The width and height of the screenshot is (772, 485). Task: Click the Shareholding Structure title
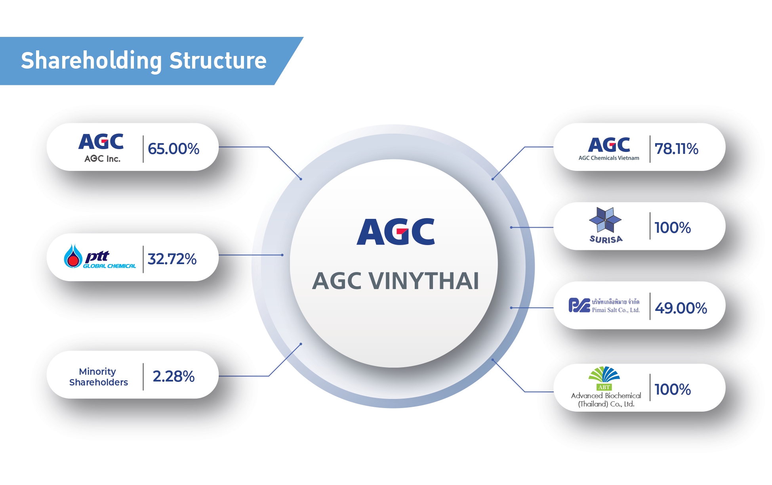coord(143,60)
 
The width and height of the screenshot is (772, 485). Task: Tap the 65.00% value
coord(173,149)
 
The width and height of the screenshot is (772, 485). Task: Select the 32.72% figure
coord(172,259)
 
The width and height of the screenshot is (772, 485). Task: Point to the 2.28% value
coord(173,376)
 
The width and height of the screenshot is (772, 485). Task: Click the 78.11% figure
coord(676,149)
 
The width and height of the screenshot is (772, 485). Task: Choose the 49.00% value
coord(681,308)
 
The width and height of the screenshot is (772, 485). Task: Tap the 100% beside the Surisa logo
coord(672,228)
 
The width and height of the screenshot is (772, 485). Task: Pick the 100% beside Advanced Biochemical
coord(672,389)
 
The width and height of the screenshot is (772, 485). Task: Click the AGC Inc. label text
coord(102,159)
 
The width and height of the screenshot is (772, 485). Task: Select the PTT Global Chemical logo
coord(100,257)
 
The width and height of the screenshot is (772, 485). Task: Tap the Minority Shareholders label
coord(98,377)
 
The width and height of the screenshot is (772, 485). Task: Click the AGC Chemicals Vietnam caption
coord(608,158)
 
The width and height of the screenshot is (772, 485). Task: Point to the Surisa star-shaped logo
coord(605,219)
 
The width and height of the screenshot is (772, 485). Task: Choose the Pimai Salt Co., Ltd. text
coord(616,310)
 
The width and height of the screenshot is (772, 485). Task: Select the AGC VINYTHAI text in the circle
coord(395,281)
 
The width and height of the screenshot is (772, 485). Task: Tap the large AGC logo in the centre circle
coord(395,232)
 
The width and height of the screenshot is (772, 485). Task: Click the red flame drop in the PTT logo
coord(73,260)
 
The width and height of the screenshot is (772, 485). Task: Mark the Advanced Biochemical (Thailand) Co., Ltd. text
coord(606,400)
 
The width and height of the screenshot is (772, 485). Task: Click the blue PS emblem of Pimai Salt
coord(579,305)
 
